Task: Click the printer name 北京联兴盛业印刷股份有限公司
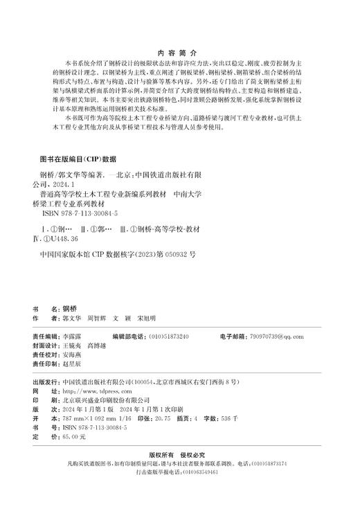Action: pyautogui.click(x=106, y=400)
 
